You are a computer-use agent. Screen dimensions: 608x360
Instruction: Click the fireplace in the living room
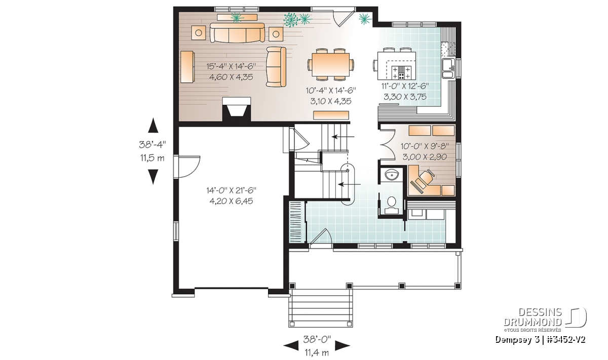point(237,109)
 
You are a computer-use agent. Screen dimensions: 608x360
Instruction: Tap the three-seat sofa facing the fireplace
point(237,33)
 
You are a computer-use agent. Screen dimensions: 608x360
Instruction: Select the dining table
point(330,65)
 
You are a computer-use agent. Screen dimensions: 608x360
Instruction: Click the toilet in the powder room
point(391,206)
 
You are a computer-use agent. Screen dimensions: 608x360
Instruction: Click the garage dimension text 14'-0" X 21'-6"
point(231,190)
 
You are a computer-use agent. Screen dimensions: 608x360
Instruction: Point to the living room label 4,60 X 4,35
point(231,77)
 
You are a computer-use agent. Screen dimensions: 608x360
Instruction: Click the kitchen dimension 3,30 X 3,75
point(405,97)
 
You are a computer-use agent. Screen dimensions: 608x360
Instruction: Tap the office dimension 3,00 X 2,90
point(425,157)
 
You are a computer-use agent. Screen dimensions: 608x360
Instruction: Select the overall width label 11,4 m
point(317,353)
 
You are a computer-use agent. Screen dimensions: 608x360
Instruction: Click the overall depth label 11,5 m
point(153,158)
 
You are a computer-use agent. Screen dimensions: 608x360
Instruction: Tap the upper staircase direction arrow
point(344,137)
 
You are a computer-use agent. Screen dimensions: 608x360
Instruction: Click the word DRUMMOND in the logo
point(533,323)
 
